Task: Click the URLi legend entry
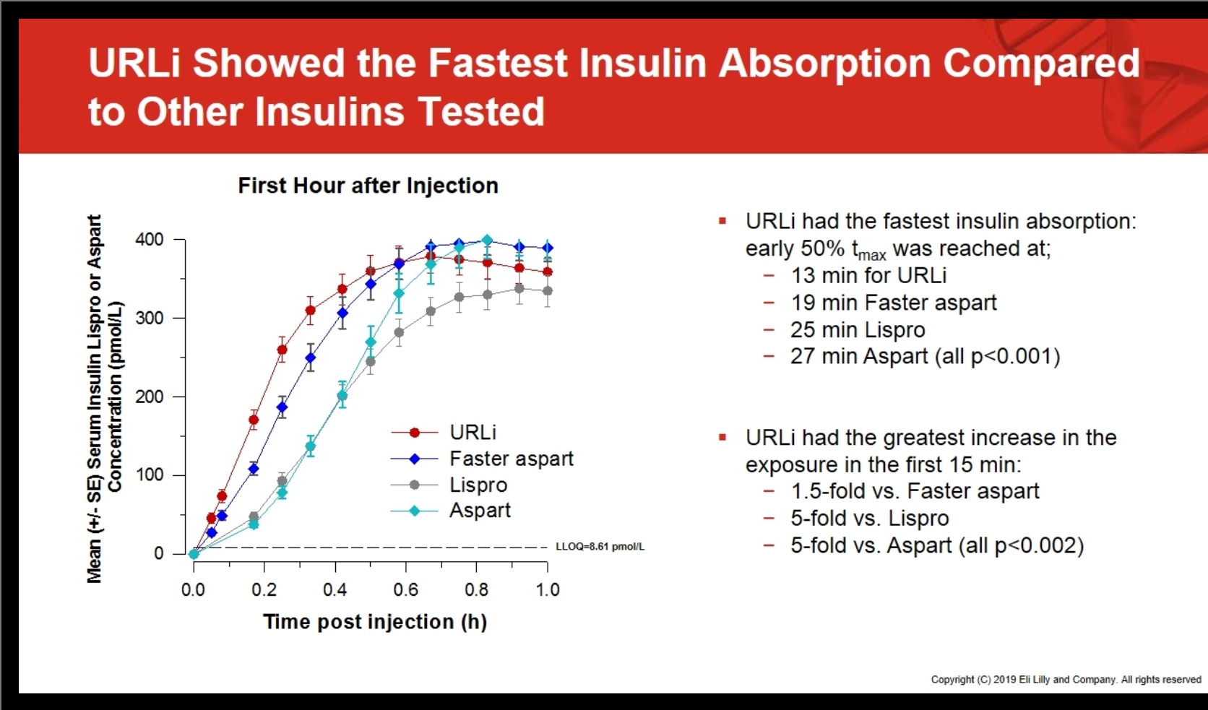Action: pos(473,432)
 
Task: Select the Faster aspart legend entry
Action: pos(511,459)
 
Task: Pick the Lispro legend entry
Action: pos(478,485)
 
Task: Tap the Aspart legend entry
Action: pos(480,511)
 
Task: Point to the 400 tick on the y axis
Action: pos(150,239)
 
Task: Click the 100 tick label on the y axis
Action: pos(150,475)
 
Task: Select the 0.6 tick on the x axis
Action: pos(406,590)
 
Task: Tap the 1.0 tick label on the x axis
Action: pos(548,590)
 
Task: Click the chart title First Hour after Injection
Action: pos(368,186)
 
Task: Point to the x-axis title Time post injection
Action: pos(375,622)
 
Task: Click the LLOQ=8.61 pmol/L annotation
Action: pos(600,547)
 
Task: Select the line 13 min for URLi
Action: pos(868,275)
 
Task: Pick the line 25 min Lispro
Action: pos(857,330)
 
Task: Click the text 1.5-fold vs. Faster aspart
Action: pos(914,491)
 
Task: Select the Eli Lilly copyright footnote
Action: pos(1065,680)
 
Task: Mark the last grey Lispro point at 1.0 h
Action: pos(548,291)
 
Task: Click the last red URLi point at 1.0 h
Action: pos(548,272)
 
